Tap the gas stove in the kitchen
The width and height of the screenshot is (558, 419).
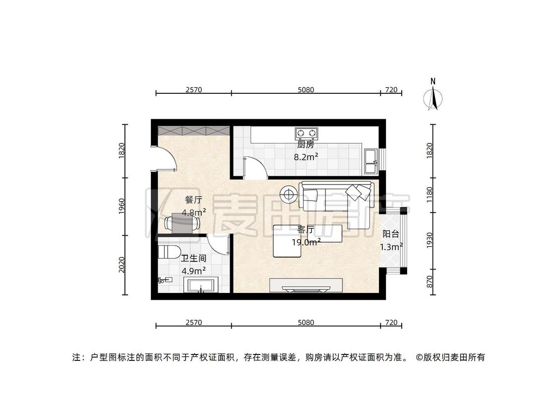pos(307,133)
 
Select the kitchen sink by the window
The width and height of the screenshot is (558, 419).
pos(371,162)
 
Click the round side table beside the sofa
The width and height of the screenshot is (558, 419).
pos(289,194)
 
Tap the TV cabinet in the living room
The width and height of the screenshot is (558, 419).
pos(306,285)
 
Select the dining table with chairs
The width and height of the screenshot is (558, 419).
pos(183,223)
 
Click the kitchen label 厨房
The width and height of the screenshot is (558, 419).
pos(306,144)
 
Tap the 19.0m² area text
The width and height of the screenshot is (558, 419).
pos(307,242)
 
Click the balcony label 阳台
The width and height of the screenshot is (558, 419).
pos(391,234)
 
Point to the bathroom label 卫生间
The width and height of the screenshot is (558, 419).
pos(193,258)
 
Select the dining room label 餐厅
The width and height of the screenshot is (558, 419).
pos(193,200)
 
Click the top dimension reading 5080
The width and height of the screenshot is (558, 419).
pos(306,90)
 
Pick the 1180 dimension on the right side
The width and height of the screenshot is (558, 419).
pos(430,195)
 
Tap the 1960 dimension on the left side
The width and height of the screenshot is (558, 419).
pos(122,207)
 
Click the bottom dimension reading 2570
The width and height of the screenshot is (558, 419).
pos(193,323)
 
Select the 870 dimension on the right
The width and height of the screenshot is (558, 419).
pos(430,282)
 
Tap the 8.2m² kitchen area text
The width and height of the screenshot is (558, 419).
pos(306,157)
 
